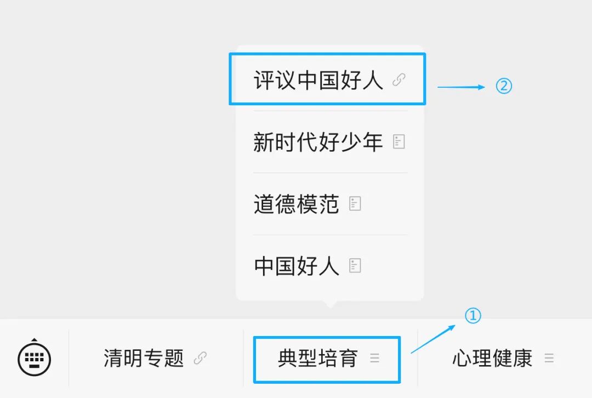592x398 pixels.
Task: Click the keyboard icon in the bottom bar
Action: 35,359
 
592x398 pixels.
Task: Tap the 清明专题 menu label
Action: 144,359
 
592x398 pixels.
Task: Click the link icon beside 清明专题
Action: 201,359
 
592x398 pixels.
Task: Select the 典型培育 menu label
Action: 318,359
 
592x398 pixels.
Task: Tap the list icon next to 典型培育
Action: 375,359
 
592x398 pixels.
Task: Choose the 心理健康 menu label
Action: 492,359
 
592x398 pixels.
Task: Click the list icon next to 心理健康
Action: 549,359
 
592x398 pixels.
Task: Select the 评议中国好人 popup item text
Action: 318,81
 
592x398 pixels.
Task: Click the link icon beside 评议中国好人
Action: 399,81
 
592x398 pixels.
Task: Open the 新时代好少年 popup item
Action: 318,143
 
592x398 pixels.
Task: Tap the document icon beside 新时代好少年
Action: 399,143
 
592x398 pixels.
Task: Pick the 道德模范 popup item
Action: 297,204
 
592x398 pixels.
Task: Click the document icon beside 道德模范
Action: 356,204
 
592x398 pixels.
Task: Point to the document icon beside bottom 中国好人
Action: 356,266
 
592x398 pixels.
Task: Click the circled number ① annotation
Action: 473,316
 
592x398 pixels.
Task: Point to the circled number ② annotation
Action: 504,87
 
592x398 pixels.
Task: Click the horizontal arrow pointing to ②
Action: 461,87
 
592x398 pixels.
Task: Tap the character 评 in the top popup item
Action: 264,81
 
